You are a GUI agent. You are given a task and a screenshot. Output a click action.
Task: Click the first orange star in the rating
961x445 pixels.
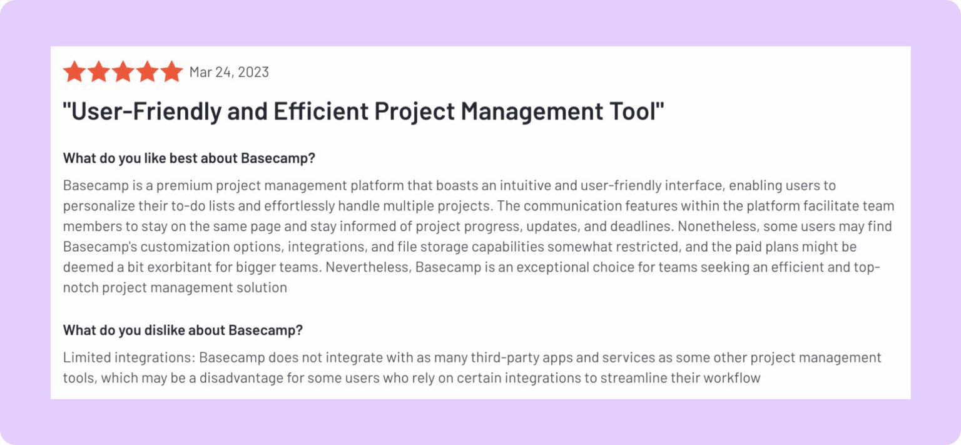(x=74, y=72)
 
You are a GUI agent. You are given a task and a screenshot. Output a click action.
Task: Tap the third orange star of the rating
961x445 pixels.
(x=123, y=72)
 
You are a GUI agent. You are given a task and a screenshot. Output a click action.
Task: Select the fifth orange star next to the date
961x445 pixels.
(x=171, y=72)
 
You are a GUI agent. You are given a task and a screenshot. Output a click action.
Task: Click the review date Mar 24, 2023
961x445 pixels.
(x=229, y=72)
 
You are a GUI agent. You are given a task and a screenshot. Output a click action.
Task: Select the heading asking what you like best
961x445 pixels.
(x=189, y=158)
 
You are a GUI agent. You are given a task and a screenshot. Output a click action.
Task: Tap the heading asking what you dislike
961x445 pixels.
(x=183, y=330)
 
